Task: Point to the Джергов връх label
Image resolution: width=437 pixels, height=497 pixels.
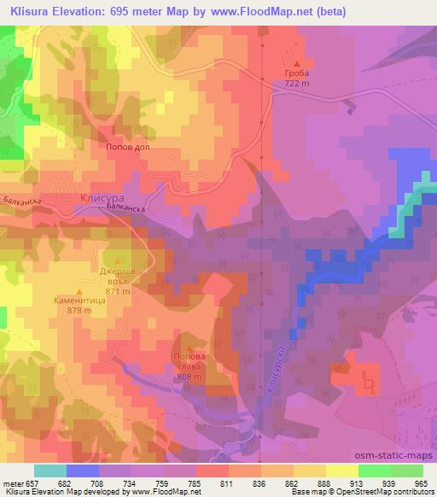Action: (118, 274)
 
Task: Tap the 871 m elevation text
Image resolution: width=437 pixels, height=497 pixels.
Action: (118, 292)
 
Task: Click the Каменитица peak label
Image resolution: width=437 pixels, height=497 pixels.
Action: (79, 301)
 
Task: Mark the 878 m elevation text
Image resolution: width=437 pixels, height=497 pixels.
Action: (79, 311)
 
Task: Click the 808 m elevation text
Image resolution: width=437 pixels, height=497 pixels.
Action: (189, 377)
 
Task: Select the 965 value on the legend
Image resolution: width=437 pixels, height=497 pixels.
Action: (421, 482)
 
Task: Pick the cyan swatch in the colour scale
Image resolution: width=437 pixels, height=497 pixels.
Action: (50, 470)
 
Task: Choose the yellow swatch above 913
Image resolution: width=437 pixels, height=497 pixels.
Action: (343, 470)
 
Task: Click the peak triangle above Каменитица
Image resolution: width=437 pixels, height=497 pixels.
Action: (79, 291)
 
